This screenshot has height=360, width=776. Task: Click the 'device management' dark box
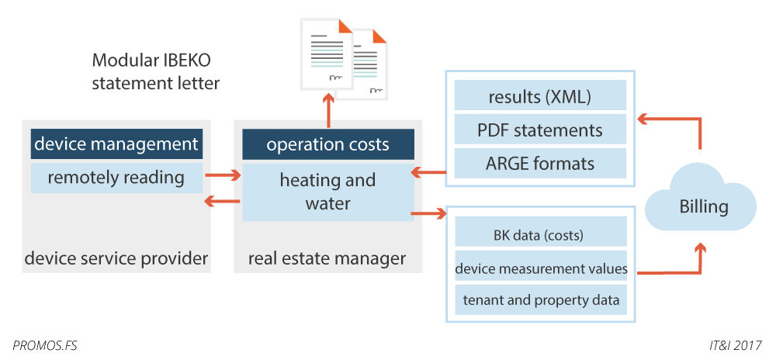tap(116, 144)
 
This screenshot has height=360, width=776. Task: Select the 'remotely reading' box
tap(116, 178)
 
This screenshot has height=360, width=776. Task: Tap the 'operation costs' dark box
tap(327, 145)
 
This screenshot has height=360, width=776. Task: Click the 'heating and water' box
tap(327, 192)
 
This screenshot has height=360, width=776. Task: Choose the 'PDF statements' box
tap(540, 130)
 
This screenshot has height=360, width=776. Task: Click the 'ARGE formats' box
tap(540, 163)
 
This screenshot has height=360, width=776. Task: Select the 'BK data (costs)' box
tap(540, 234)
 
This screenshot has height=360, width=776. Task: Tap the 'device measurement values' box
tap(540, 268)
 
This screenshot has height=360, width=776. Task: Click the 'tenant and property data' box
tap(540, 300)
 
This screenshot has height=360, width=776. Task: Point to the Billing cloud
tap(703, 206)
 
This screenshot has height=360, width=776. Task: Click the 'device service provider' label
tap(116, 258)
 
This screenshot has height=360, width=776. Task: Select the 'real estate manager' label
tap(327, 258)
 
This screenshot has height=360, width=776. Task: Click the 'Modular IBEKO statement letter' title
tap(155, 71)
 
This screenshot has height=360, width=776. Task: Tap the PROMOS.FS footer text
tap(45, 343)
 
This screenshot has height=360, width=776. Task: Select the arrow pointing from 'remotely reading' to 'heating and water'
tap(222, 176)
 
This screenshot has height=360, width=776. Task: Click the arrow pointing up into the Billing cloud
tap(701, 256)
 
